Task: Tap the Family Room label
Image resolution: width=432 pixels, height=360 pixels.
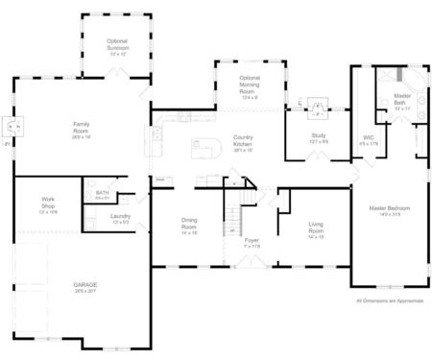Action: tap(81, 129)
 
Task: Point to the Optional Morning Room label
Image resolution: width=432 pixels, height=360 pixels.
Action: tap(250, 86)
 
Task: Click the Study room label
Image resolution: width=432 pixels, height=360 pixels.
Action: tap(317, 137)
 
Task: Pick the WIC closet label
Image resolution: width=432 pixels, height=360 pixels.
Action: tap(369, 140)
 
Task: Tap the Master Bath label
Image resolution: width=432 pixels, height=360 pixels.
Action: tap(402, 102)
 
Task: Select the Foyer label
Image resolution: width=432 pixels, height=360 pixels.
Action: tap(252, 243)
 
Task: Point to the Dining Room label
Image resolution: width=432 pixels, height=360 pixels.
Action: tap(189, 226)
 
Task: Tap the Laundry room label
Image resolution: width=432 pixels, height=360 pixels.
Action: tap(120, 219)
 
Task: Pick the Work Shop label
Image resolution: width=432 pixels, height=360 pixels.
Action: tap(48, 204)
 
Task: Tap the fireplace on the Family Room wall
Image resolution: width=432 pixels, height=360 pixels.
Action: tap(12, 124)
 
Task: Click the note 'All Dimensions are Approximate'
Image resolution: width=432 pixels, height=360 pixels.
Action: tap(389, 300)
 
